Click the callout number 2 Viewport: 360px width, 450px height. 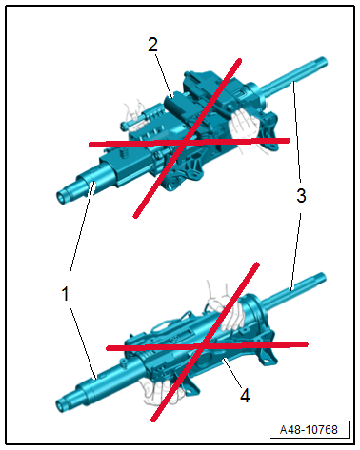(152, 45)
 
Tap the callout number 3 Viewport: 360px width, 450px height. (301, 195)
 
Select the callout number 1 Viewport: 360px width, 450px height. (65, 293)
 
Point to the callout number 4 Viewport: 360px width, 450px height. (245, 395)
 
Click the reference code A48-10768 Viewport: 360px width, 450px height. (309, 430)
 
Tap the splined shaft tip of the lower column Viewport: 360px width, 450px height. (320, 278)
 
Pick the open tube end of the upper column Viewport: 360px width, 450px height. (62, 197)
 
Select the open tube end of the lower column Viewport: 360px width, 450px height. (61, 405)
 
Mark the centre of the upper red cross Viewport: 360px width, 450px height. (187, 142)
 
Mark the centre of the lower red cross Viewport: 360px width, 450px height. (203, 346)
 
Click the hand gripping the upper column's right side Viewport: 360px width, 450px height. (246, 126)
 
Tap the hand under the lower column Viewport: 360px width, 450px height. (159, 392)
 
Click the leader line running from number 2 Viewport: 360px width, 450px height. (164, 75)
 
